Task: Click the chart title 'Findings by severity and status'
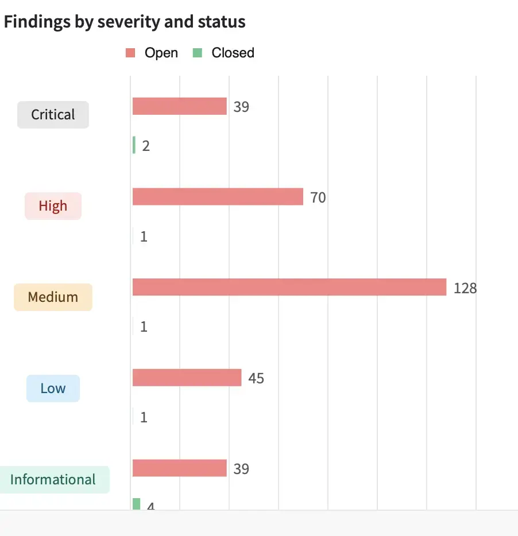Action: coord(125,22)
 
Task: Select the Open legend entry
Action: coord(152,53)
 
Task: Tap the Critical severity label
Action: coord(53,115)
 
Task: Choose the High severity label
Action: coord(53,206)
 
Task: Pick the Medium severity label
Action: coord(53,297)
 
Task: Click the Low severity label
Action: coord(53,389)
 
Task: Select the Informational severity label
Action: coord(53,480)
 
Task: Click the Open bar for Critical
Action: coord(180,106)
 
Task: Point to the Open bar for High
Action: coord(218,197)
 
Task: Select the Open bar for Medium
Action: coord(289,287)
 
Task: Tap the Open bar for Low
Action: coord(187,378)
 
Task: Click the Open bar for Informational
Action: coord(180,468)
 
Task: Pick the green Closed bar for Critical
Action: coord(134,145)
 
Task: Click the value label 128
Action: coord(465,288)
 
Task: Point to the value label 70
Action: coord(318,198)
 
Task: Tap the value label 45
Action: coord(256,379)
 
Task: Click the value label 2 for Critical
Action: coord(146,146)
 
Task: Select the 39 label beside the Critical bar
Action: coord(241,107)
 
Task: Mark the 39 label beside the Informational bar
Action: coord(241,469)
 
